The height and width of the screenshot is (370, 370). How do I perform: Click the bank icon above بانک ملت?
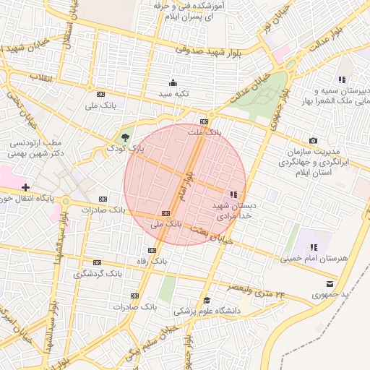(205, 121)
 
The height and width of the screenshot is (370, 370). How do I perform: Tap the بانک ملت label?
(203, 133)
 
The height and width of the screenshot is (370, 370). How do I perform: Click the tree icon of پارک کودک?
(126, 137)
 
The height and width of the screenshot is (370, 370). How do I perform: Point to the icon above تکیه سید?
(173, 82)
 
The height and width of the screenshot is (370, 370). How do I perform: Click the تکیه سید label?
(173, 94)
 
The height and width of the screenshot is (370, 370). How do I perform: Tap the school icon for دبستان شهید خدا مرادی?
(233, 194)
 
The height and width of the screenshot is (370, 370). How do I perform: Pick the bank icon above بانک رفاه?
(150, 249)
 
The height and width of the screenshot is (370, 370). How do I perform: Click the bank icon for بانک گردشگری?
(96, 263)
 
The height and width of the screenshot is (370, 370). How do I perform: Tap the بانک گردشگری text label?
(98, 275)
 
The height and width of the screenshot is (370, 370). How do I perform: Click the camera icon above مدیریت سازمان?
(313, 140)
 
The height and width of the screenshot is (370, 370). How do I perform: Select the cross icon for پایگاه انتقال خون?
(25, 187)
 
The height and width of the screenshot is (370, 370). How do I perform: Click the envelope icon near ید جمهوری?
(330, 283)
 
